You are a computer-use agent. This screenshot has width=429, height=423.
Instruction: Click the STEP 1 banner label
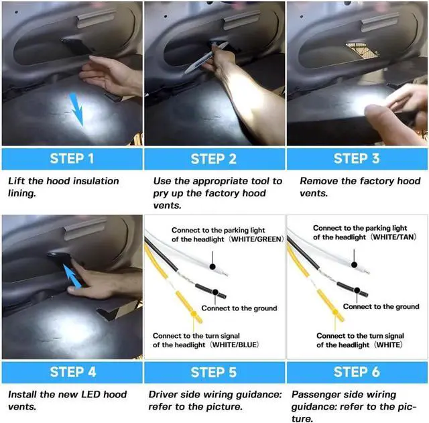(72, 159)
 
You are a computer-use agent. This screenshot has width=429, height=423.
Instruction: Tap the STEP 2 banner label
(213, 159)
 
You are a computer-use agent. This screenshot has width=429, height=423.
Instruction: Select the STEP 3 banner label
(357, 159)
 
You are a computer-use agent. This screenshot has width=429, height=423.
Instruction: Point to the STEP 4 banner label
(73, 372)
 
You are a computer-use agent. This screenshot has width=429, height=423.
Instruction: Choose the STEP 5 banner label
(213, 372)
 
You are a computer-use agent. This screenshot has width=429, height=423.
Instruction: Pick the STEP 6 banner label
(357, 372)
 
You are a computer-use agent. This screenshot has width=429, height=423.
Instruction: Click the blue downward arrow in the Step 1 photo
(76, 109)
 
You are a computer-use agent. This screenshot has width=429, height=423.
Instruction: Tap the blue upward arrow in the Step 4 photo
(72, 276)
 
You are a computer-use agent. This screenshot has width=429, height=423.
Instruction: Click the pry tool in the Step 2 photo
(206, 58)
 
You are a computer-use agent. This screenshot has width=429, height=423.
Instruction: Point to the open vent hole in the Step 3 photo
(362, 50)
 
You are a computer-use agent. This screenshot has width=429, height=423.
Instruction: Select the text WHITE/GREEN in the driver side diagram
(257, 239)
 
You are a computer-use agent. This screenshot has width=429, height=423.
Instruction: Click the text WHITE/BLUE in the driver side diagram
(235, 345)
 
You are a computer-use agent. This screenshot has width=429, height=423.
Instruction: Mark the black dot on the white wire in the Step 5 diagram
(212, 267)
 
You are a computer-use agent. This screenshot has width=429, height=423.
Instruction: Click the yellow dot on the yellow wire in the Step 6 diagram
(335, 312)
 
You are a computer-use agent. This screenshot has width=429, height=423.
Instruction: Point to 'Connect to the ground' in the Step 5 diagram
(239, 308)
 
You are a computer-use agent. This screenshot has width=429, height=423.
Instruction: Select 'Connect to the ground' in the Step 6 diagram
(381, 307)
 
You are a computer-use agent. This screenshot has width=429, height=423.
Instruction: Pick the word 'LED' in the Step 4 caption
(91, 394)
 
